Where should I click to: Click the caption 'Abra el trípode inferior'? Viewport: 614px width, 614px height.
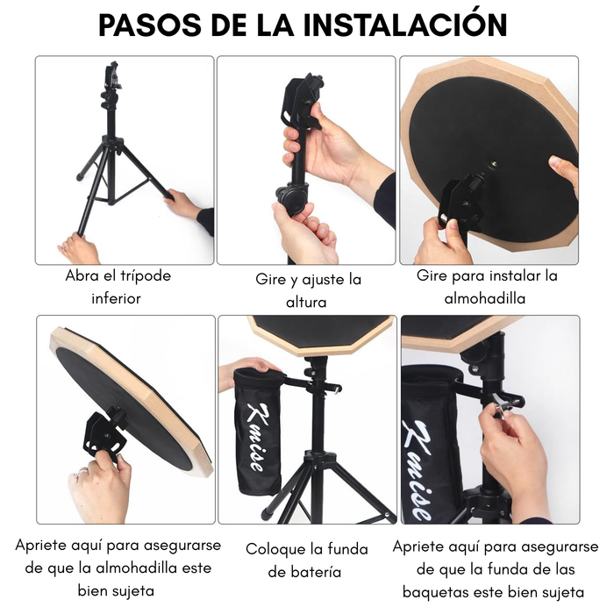point(118,287)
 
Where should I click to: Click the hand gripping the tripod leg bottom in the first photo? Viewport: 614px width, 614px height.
point(77,247)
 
